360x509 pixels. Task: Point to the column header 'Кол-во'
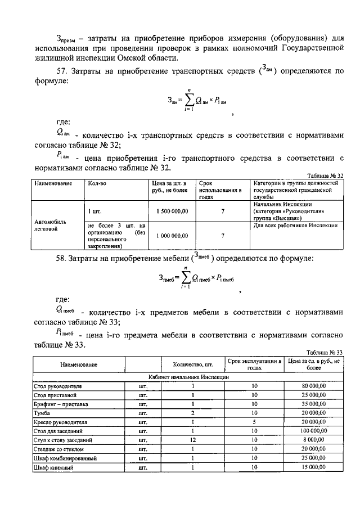point(97,184)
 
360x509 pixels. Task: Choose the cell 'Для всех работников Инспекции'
point(295,226)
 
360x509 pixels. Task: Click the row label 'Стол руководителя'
point(58,387)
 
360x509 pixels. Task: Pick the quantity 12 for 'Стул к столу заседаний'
point(192,440)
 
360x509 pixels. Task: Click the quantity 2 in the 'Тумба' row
point(192,413)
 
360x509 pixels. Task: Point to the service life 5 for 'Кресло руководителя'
point(254,422)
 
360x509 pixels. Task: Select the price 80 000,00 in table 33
point(313,387)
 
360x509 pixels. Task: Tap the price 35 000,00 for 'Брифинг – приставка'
point(313,404)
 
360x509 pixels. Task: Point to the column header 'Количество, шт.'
point(192,364)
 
